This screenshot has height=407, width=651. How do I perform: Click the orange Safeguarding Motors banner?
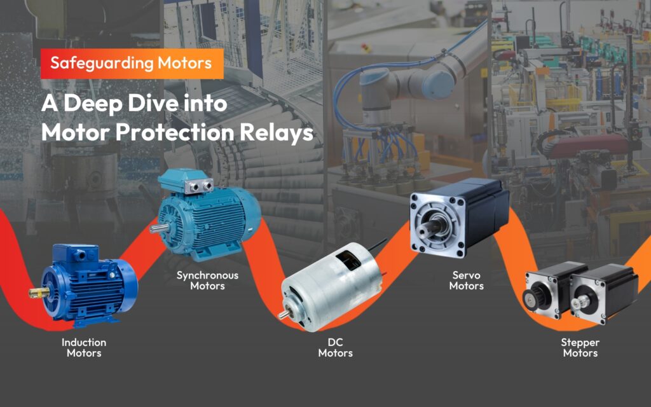coord(132,64)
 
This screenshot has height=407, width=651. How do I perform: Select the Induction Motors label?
coord(84,347)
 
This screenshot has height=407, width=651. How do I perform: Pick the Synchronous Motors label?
coord(207,280)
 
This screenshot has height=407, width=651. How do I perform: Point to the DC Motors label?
coord(335,347)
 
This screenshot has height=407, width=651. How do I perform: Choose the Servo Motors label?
coord(466,280)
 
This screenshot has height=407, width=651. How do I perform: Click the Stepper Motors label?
coord(580,347)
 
